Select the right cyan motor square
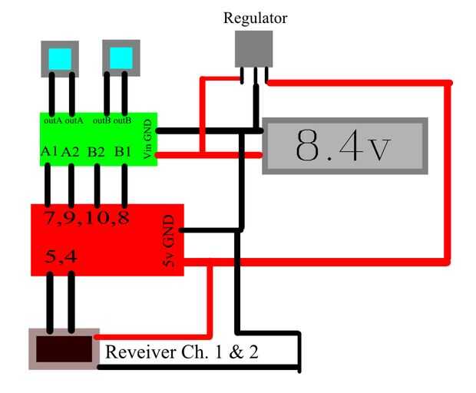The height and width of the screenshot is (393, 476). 121,58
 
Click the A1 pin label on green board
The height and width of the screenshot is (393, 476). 49,152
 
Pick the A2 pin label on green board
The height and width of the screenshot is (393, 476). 71,152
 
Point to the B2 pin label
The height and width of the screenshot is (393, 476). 97,152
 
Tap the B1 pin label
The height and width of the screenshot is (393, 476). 122,152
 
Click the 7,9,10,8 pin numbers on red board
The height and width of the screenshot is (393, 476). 86,218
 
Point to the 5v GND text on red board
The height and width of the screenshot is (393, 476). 170,241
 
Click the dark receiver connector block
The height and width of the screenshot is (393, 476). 64,346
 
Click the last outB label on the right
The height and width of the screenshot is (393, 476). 123,120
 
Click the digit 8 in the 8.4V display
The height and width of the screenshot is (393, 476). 309,146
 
